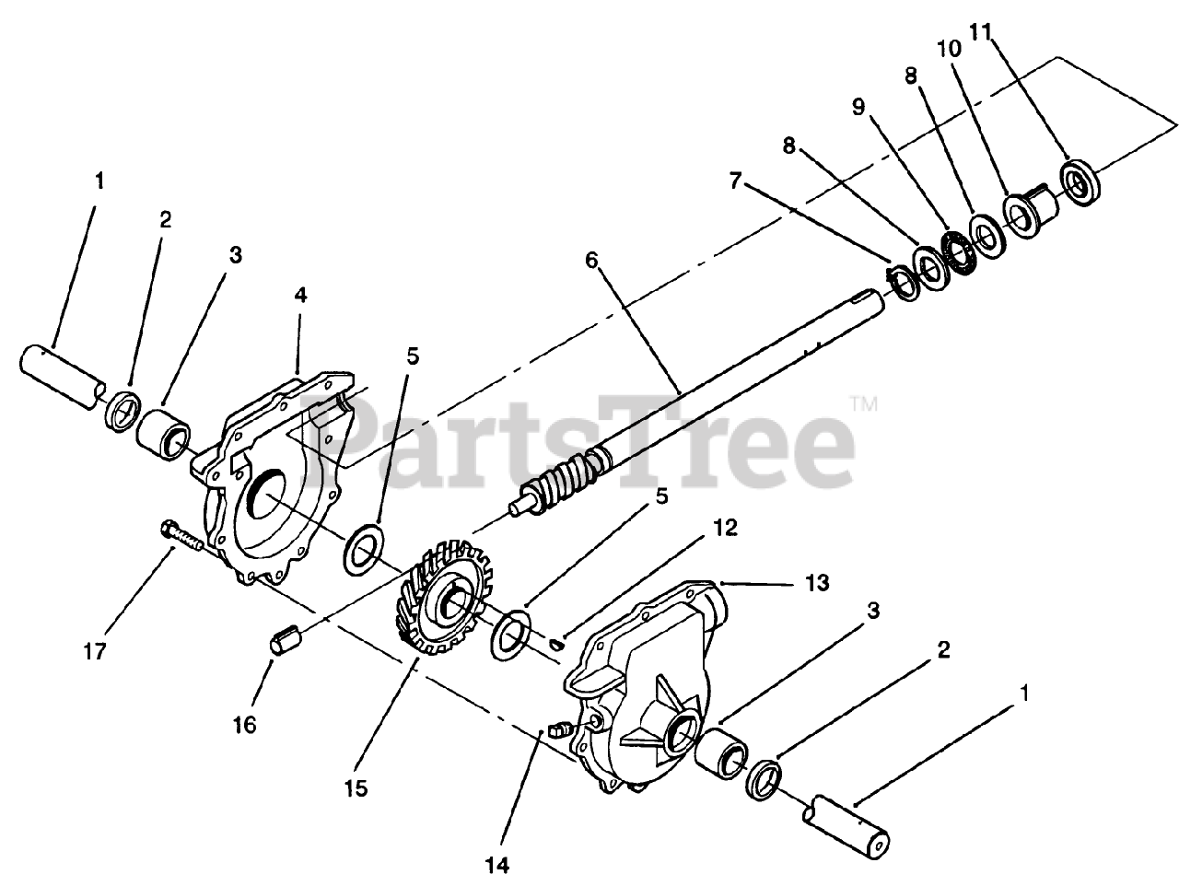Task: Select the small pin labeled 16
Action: (285, 639)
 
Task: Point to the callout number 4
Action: (301, 296)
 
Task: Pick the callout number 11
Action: (980, 31)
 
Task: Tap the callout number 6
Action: (590, 262)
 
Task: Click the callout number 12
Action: (725, 528)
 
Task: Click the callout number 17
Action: (94, 651)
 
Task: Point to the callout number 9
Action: (858, 108)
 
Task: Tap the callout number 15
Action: (356, 788)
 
